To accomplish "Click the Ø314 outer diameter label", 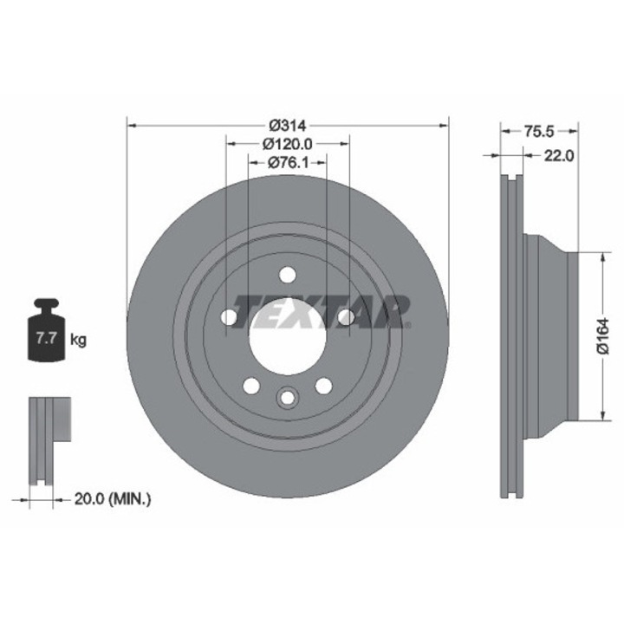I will click(x=289, y=125).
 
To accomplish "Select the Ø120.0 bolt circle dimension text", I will click(x=289, y=144).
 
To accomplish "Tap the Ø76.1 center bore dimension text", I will click(x=287, y=163).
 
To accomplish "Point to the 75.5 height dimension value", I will click(x=538, y=132).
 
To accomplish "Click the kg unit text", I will click(x=78, y=340).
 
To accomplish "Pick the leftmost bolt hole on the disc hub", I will click(x=229, y=318).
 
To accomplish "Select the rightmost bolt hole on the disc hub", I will click(x=346, y=318).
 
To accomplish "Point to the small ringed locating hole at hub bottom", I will click(x=287, y=396).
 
